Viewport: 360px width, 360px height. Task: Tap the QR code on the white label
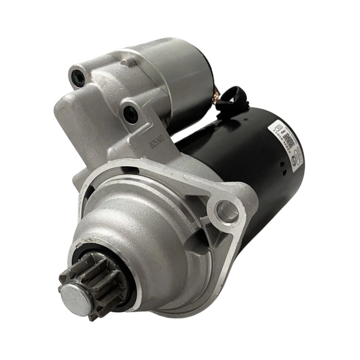(291, 140)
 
